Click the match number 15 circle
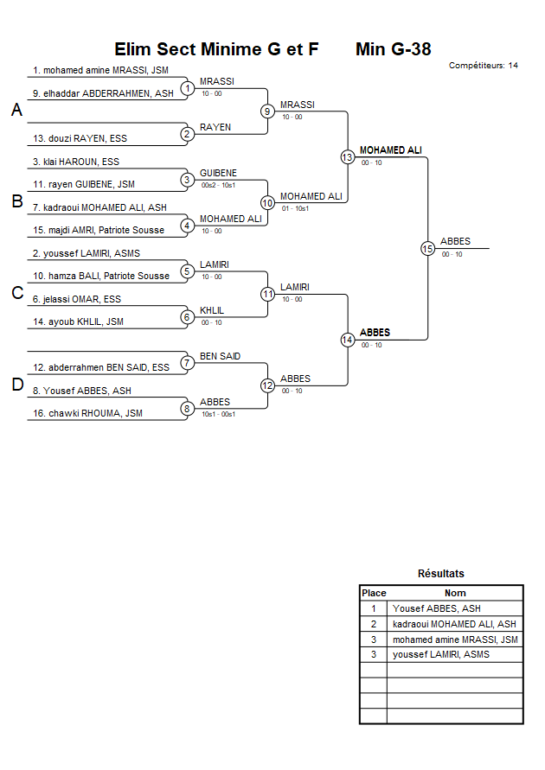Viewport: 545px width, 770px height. coord(427,248)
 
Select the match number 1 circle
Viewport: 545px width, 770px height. coord(187,88)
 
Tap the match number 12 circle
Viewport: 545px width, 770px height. coord(267,385)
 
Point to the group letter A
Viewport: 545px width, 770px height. coord(16,111)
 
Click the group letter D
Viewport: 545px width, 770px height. coord(16,385)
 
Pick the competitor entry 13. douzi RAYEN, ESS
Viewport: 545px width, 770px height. coord(80,138)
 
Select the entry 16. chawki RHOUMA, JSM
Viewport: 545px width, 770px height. coord(87,413)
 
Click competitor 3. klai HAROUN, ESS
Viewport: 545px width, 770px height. coord(76,162)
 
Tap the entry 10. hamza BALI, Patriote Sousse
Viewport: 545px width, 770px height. coord(101,276)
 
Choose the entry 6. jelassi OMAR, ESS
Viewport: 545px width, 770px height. coord(77,299)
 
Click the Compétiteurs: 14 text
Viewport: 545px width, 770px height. coord(484,66)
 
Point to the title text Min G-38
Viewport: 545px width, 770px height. coord(393,49)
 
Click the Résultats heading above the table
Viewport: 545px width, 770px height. coord(441,574)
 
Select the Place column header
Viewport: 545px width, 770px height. coord(374,593)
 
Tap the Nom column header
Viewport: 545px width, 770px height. coord(455,593)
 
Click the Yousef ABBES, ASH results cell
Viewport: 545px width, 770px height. coord(437,608)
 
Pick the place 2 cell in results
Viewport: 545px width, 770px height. coord(374,624)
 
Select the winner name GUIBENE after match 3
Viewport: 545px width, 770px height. coord(218,173)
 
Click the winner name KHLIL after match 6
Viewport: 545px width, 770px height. coord(212,310)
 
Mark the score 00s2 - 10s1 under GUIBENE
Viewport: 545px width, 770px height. coord(218,185)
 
